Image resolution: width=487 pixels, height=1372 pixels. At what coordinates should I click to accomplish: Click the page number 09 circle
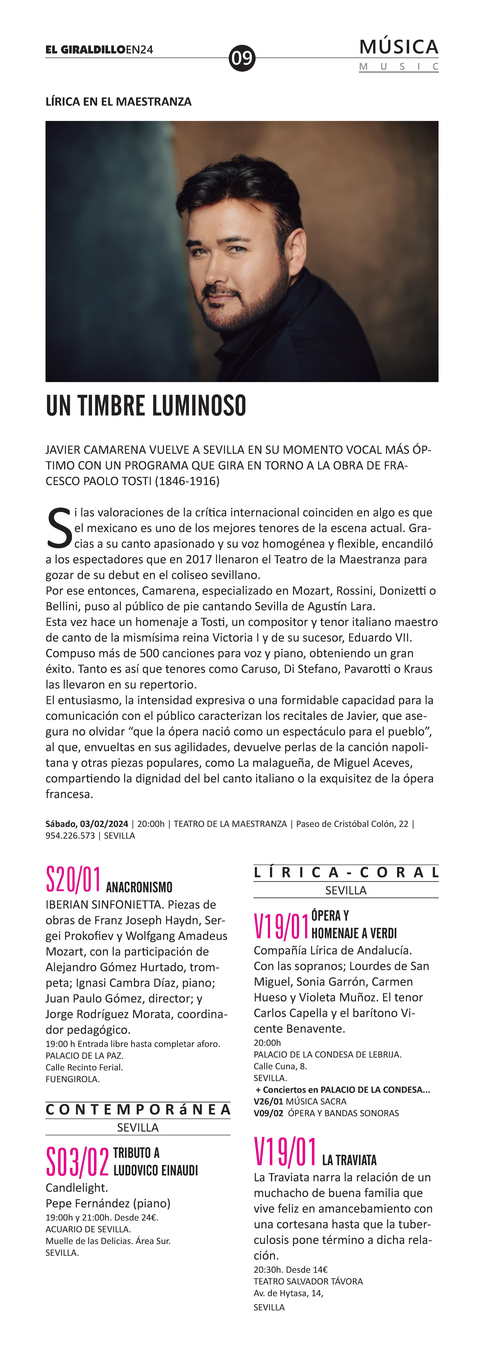pyautogui.click(x=242, y=58)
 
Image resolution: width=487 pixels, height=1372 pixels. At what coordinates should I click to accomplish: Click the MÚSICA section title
pyautogui.click(x=399, y=47)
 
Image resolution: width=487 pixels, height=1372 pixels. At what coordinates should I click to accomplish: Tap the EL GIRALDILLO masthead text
pyautogui.click(x=85, y=50)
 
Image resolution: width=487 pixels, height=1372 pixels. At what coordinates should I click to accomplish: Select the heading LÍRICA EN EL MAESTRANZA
pyautogui.click(x=118, y=102)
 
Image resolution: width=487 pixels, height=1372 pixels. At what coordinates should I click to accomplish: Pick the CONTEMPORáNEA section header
pyautogui.click(x=138, y=1109)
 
